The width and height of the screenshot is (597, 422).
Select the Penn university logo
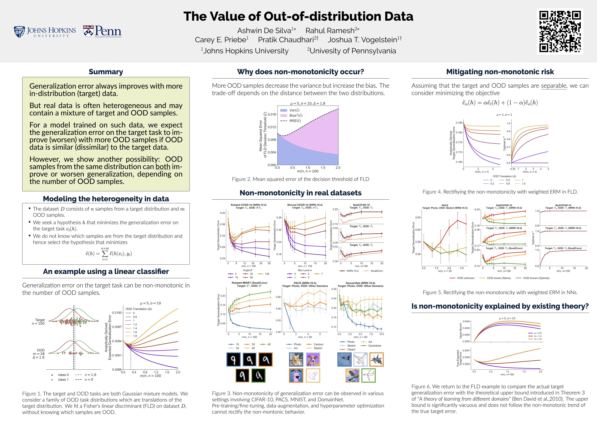pos(102,32)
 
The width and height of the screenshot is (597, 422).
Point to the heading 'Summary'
pos(106,72)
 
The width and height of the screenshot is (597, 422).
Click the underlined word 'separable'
pos(554,86)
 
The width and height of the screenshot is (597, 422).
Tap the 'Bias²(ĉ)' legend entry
pos(295,115)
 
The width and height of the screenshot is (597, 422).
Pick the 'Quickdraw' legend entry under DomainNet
pos(374,346)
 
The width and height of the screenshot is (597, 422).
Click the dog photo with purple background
pos(313,359)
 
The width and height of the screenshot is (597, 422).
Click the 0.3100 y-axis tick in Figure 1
pos(117,313)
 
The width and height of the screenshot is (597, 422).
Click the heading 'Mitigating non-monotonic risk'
pos(500,72)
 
